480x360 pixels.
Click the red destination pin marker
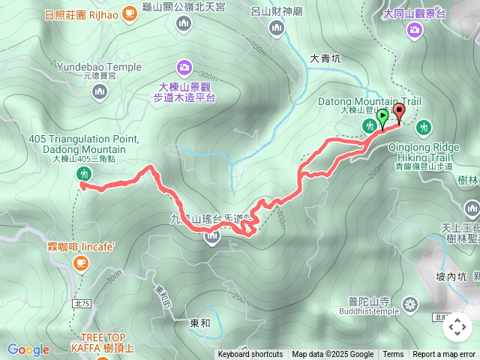[398, 113]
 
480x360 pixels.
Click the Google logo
[28, 349]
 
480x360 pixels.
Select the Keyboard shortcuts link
[250, 355]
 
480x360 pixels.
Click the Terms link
[393, 355]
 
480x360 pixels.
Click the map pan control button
[457, 327]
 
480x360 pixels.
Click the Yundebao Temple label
[98, 67]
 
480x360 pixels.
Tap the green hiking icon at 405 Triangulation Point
[83, 174]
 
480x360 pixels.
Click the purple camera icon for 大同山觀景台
[415, 30]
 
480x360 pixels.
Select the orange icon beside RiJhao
[130, 12]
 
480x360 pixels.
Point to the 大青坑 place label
[325, 57]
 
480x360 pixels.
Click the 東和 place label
[200, 323]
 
